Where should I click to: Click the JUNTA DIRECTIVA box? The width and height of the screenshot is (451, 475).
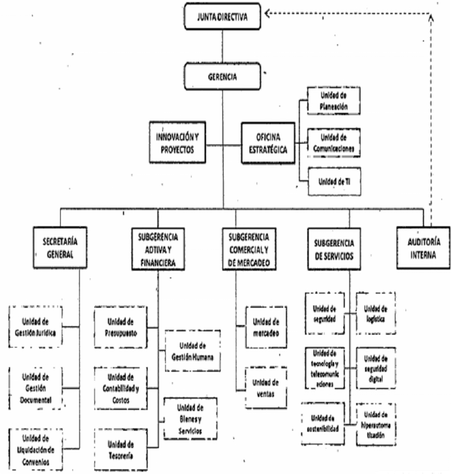click(x=223, y=17)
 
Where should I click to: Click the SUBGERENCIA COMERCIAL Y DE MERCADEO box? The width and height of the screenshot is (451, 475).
click(x=248, y=246)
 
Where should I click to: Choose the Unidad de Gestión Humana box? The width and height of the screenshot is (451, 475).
click(x=192, y=350)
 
